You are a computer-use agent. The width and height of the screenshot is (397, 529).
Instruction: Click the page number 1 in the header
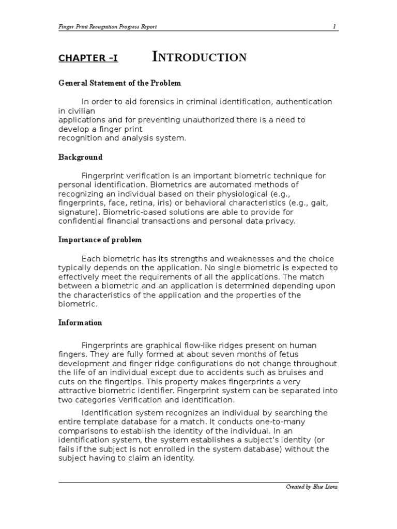(335, 26)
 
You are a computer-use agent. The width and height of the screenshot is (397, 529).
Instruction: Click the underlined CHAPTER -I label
(88, 58)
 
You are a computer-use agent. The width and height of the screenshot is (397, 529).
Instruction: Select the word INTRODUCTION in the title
(199, 57)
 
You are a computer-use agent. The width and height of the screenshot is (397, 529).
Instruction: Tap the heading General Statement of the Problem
(119, 83)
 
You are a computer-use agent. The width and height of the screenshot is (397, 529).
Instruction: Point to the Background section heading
(80, 157)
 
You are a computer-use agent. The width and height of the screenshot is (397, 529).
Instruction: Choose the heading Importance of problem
(100, 240)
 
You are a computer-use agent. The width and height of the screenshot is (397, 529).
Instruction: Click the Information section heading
(80, 322)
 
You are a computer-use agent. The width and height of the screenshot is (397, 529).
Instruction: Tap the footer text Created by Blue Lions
(312, 487)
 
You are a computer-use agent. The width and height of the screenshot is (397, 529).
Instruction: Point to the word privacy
(279, 221)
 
